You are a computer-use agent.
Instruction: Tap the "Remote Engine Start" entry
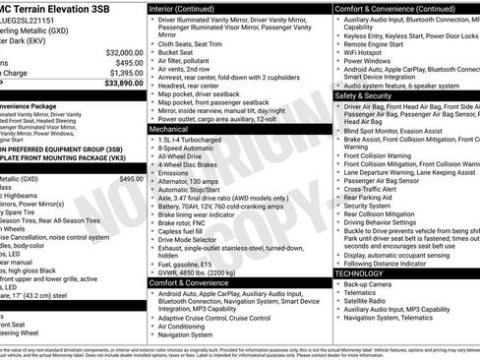380,42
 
